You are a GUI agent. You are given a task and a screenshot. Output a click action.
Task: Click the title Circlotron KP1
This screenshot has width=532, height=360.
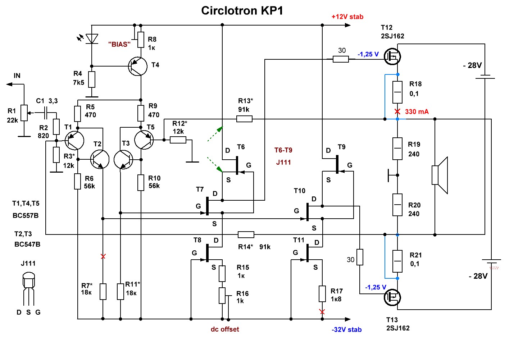[242, 11]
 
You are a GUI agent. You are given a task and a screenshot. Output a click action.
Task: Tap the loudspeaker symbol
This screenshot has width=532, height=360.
[440, 175]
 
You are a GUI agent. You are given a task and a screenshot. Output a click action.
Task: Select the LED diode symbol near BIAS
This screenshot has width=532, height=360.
[92, 38]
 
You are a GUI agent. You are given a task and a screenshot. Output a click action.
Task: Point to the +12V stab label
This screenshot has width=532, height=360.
[347, 17]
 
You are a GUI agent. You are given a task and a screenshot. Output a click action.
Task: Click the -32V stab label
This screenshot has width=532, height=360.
[346, 330]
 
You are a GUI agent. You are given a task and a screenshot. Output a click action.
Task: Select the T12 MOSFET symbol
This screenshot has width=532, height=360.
[392, 56]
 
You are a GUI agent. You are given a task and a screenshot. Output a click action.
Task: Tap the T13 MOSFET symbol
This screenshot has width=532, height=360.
[392, 297]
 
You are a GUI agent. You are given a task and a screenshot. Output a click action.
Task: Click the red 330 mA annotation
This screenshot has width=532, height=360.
[417, 112]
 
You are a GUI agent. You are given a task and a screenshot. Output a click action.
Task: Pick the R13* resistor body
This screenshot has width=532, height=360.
[244, 119]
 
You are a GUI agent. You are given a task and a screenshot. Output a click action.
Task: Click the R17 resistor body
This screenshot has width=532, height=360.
[322, 293]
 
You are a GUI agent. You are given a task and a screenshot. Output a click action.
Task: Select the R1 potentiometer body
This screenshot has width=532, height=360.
[24, 113]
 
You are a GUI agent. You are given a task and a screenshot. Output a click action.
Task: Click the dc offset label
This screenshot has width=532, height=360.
[225, 329]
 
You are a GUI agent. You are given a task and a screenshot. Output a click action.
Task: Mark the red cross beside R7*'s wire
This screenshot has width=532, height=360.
[103, 256]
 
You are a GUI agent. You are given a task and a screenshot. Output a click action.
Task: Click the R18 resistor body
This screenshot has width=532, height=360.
[397, 92]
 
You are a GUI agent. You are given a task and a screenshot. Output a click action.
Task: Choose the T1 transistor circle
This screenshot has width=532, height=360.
[74, 141]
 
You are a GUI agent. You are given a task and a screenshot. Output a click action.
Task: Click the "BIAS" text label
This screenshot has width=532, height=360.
[119, 45]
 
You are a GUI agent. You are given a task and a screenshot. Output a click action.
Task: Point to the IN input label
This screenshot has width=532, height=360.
[17, 76]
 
